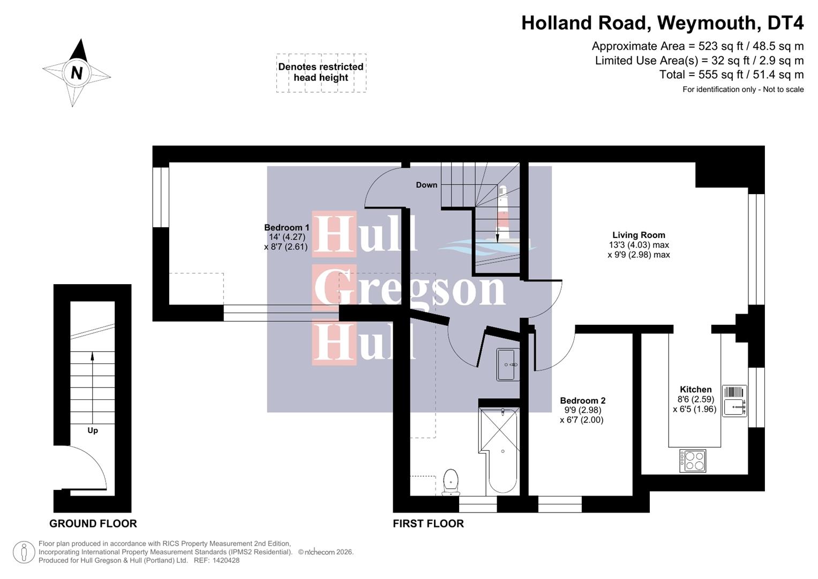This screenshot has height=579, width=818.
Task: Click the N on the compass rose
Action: (x=77, y=72)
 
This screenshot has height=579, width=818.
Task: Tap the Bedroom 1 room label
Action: (x=287, y=228)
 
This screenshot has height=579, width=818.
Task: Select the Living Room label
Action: (x=639, y=235)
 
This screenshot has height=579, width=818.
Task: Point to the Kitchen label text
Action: (x=695, y=390)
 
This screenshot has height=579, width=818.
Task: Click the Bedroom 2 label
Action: (x=582, y=400)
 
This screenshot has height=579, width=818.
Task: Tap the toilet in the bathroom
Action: (x=451, y=481)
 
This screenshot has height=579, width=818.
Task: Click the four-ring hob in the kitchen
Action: (x=693, y=461)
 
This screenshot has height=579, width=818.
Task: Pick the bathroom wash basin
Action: (x=507, y=365)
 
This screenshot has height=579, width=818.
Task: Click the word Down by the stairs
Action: (x=426, y=185)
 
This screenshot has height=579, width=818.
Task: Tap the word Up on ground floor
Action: (x=93, y=430)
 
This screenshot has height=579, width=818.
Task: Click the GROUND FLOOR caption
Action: (x=93, y=524)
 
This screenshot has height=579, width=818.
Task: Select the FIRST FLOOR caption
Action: (x=428, y=524)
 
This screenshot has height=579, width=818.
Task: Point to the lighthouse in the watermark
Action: (x=502, y=214)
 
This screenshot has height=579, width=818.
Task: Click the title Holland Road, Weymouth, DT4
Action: (x=662, y=23)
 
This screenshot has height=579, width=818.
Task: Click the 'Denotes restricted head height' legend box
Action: (x=321, y=72)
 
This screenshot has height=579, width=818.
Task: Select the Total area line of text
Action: (x=731, y=75)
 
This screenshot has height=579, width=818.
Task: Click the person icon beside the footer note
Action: (x=24, y=552)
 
